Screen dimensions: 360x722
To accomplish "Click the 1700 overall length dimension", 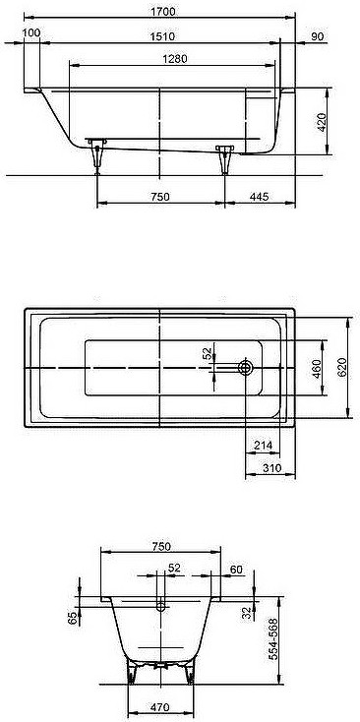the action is (163, 11).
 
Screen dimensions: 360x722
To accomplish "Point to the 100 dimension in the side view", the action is (30, 32).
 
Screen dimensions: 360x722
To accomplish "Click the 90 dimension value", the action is (317, 36).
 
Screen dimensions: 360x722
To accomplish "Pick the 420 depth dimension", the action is (322, 122).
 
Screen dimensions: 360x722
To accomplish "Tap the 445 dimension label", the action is (260, 197).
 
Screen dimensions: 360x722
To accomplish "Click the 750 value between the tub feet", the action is (160, 197).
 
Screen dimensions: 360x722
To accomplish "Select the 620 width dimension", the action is (342, 368).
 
